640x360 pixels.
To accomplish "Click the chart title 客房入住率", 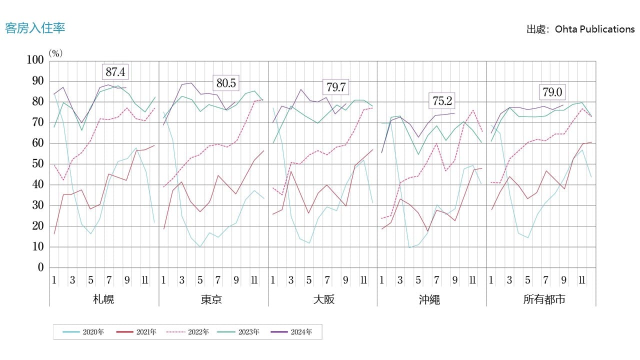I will (35, 28).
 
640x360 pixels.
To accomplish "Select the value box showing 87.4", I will (115, 72).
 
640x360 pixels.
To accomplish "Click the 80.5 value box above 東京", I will (226, 83).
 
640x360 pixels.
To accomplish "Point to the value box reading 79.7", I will (335, 87).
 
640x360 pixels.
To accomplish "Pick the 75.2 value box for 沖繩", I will (442, 101).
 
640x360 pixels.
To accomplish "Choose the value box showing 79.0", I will (552, 92).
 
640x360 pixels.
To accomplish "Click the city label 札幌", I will (103, 299).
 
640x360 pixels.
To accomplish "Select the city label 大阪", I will (323, 299).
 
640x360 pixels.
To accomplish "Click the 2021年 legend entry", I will (135, 332).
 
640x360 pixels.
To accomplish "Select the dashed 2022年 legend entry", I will (187, 332).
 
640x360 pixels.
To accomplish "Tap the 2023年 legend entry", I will (239, 332).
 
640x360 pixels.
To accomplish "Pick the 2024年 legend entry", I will (291, 332).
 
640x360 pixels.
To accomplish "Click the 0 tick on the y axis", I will (40, 267).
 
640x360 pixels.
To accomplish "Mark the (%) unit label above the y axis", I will (55, 52).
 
